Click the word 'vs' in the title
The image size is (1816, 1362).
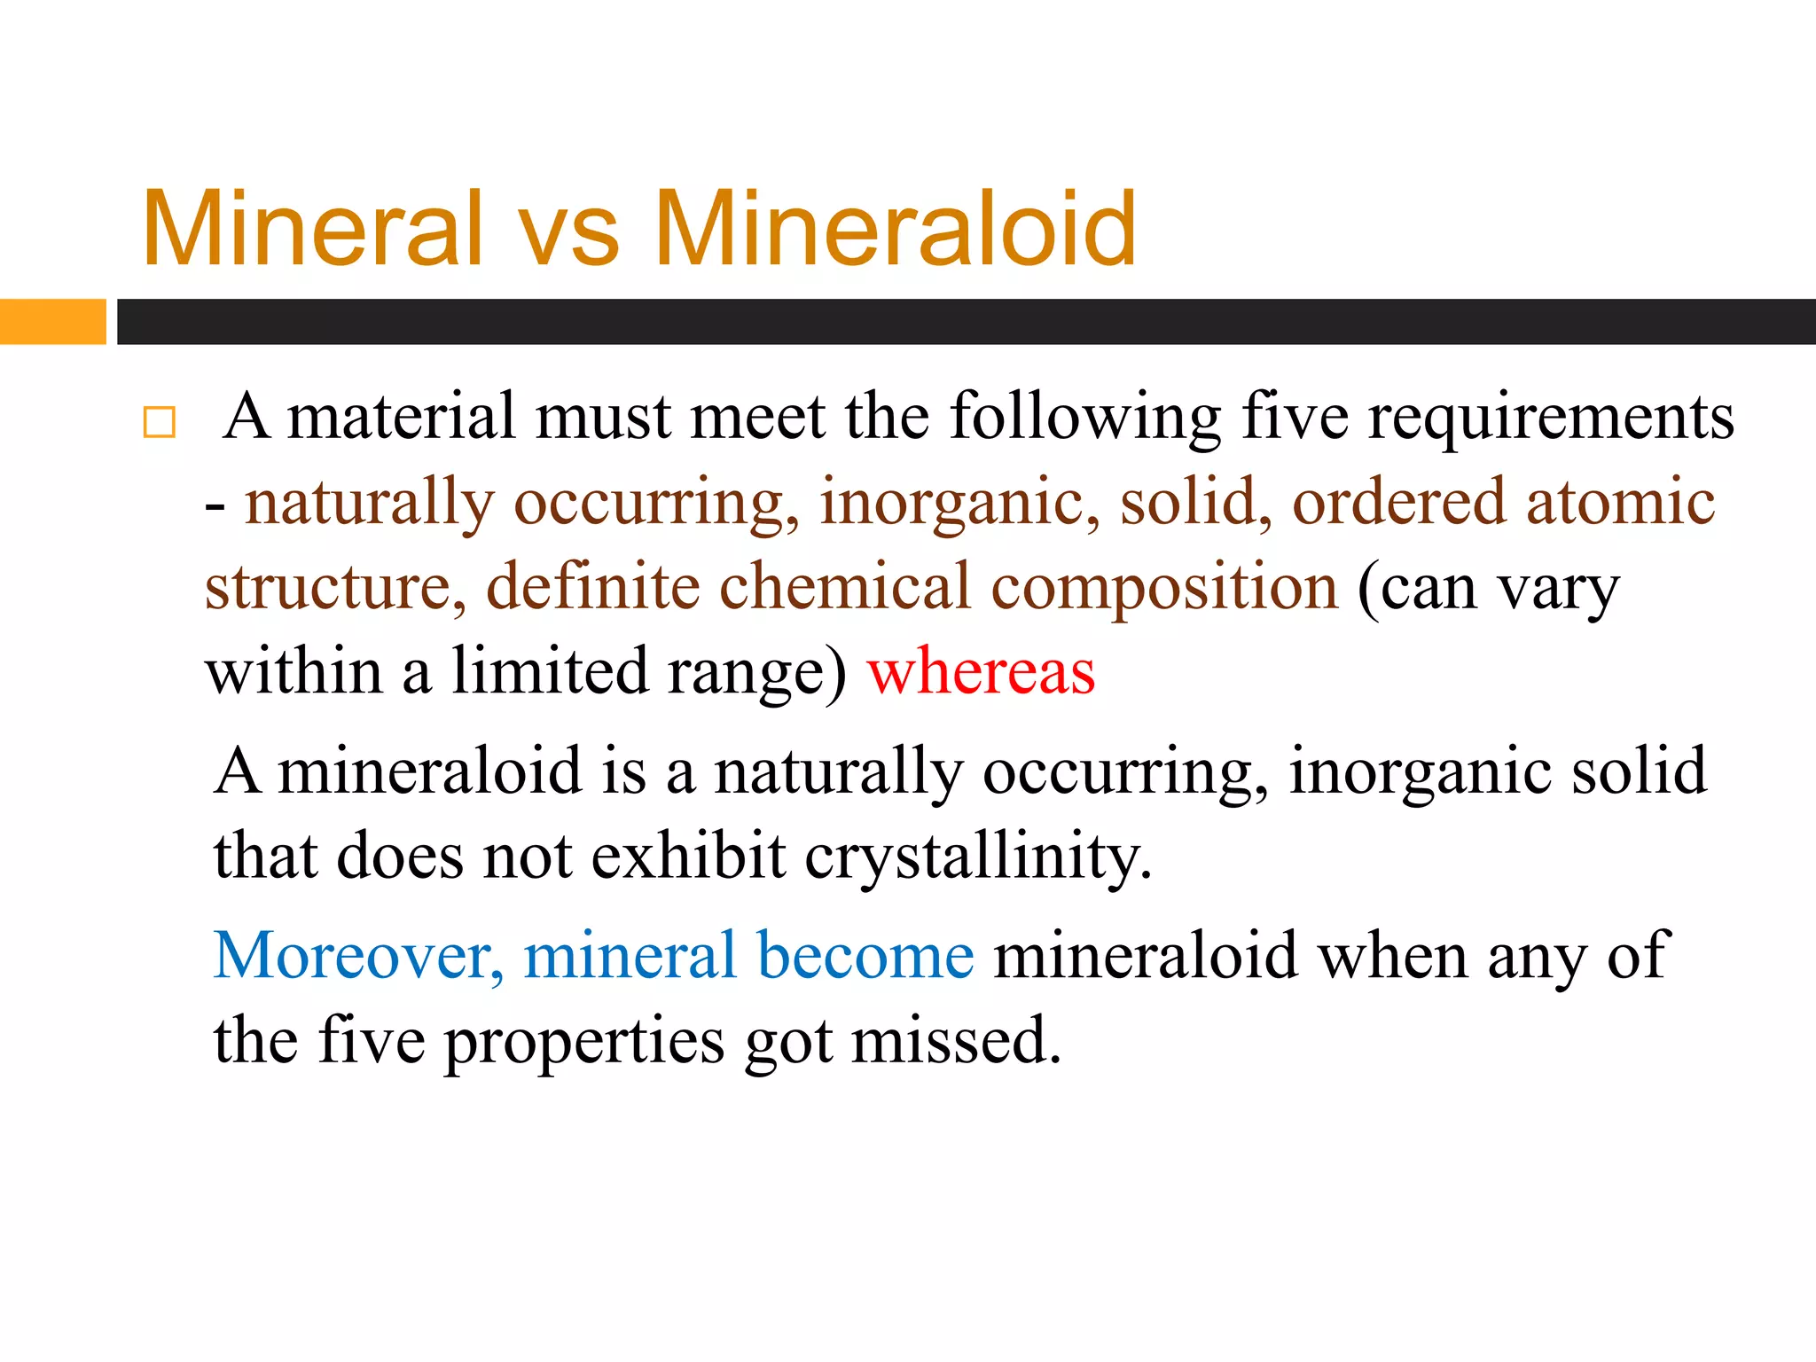coord(568,232)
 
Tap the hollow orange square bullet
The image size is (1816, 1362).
coord(160,422)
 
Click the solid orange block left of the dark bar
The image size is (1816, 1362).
coord(52,321)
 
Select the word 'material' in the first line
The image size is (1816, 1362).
coord(401,417)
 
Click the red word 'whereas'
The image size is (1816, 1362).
coord(981,672)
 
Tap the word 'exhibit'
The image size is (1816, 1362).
coord(688,857)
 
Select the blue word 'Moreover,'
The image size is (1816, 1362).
coord(358,956)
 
